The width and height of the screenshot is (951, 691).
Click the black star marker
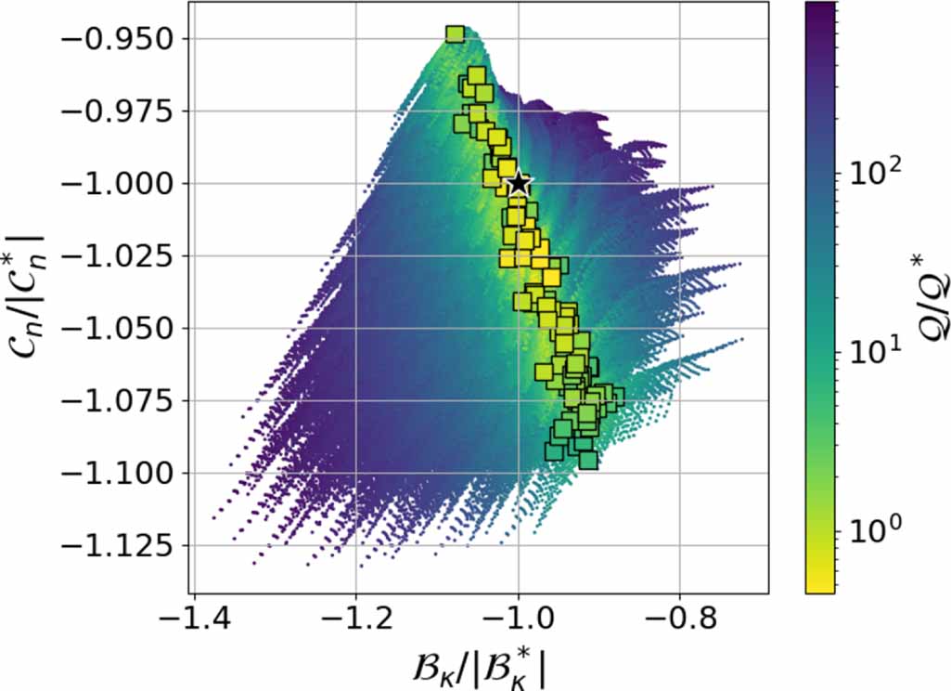[519, 184]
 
